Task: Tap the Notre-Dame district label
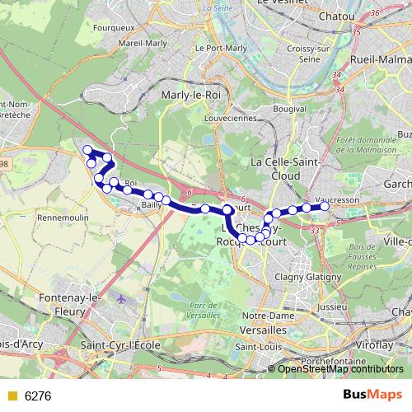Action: tap(265, 315)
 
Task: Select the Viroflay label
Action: tap(384, 337)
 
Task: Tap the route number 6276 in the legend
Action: tap(38, 396)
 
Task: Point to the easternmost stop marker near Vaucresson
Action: tap(325, 206)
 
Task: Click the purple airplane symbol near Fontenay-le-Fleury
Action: tap(123, 298)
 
